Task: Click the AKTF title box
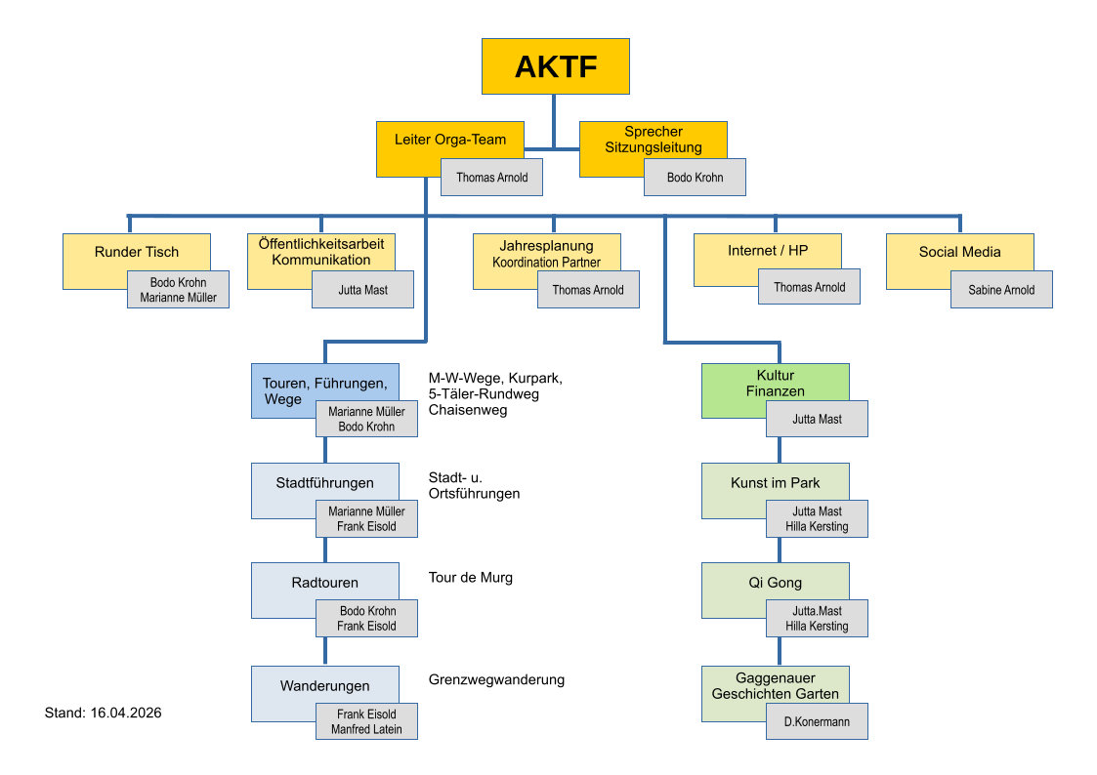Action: pos(555,66)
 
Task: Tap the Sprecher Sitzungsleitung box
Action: pos(653,140)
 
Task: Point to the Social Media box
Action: pos(959,252)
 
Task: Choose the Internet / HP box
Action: pos(767,251)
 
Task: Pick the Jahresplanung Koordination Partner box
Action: pos(546,253)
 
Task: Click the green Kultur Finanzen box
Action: pos(775,383)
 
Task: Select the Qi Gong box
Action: pos(775,582)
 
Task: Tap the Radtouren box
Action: pos(324,583)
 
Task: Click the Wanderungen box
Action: pos(324,685)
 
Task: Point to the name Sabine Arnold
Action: pos(1001,290)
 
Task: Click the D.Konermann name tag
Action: pos(817,722)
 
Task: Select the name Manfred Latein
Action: pos(367,730)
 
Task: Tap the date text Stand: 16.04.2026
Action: pos(103,714)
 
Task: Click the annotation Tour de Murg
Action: pos(470,578)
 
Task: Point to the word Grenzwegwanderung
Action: pos(496,679)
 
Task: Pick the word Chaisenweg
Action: pos(468,410)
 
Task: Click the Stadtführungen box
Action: pos(324,482)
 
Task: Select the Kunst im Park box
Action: pos(775,482)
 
